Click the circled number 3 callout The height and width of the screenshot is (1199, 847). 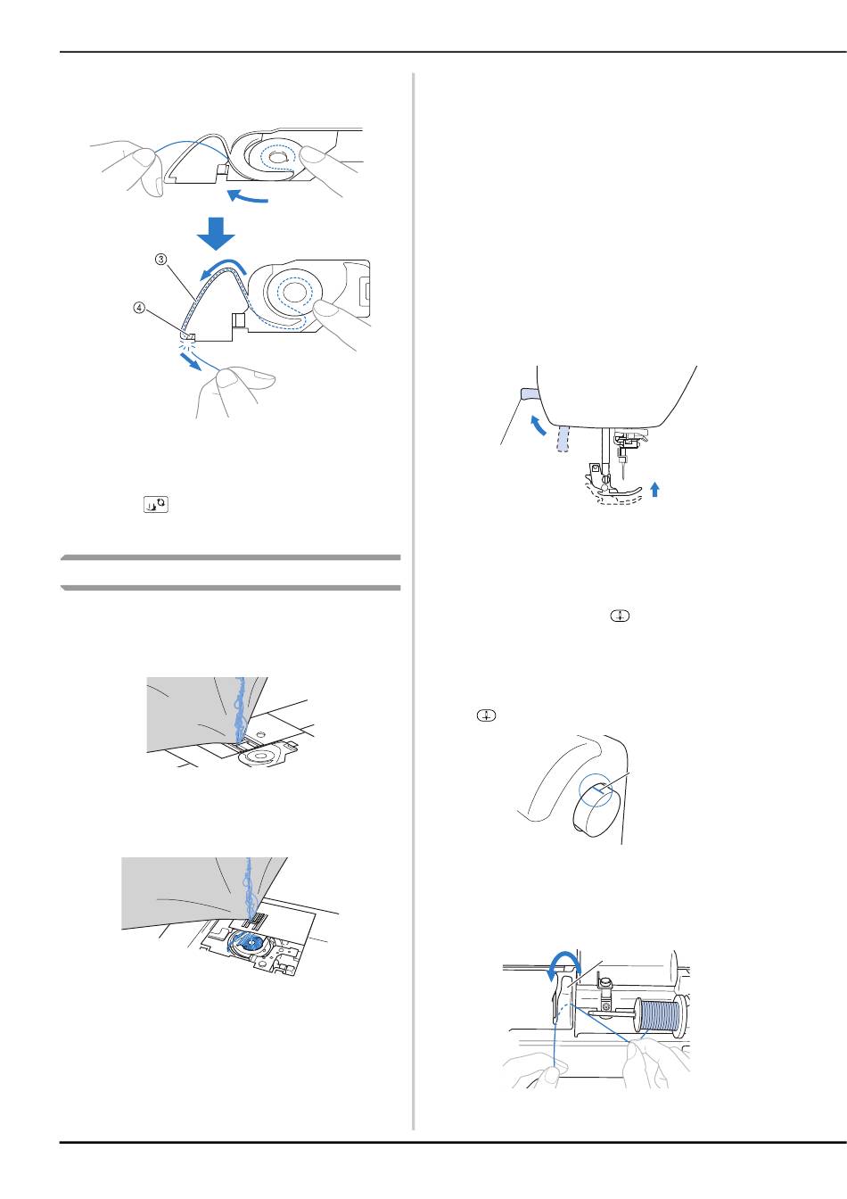click(161, 260)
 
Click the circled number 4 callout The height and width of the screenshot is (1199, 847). click(139, 308)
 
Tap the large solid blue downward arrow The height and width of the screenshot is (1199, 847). click(216, 234)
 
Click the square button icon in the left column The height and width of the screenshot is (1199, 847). click(156, 504)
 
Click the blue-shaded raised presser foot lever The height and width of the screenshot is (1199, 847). click(529, 394)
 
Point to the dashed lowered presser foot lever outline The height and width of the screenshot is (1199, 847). click(562, 440)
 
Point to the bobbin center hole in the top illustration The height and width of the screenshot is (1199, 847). click(277, 157)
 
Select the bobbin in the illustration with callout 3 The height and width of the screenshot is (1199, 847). click(290, 292)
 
